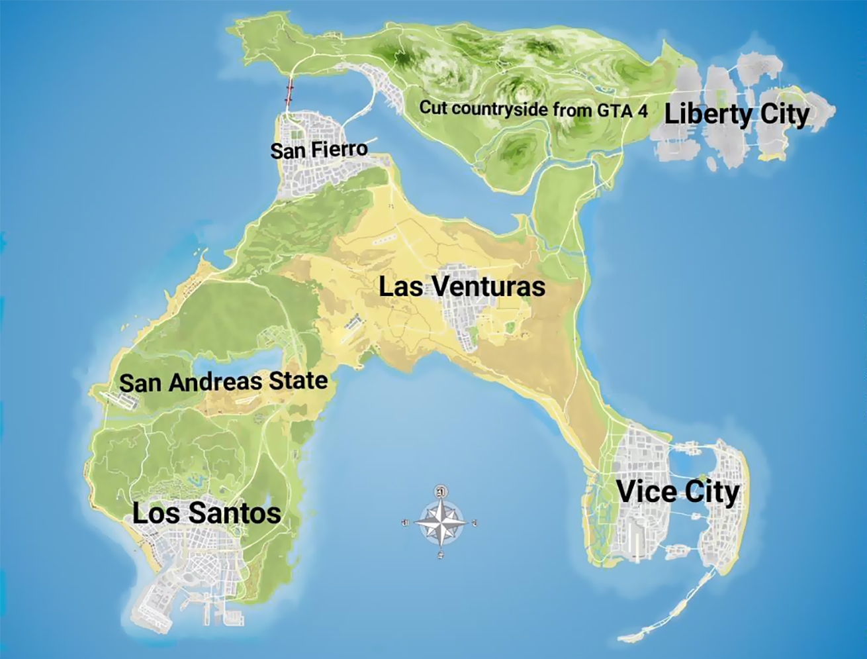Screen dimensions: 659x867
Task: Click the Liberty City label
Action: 736,115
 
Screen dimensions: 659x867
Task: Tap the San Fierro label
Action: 318,150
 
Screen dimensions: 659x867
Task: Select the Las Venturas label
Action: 462,287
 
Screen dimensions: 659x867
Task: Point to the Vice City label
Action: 678,492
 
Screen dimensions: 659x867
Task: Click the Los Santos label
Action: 206,513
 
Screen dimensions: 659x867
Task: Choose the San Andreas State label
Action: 223,381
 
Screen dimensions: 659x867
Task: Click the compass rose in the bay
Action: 439,523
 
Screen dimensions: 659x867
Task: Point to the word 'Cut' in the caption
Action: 432,107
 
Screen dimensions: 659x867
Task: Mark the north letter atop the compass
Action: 439,491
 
